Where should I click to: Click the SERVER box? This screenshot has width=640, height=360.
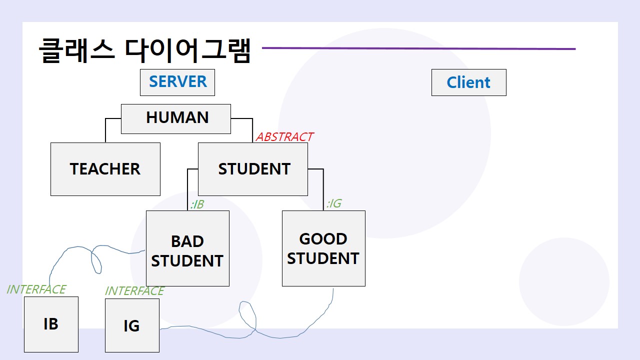coord(177,82)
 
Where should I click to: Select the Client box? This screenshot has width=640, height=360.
coord(468,82)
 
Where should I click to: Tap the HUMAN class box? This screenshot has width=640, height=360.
coord(176,118)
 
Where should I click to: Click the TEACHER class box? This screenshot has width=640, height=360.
coord(105,169)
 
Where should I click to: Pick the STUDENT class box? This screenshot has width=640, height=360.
coord(253,169)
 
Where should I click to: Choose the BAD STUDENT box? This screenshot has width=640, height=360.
coord(187,248)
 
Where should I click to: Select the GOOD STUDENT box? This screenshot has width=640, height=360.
coord(323,248)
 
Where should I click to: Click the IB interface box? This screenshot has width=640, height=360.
coord(51,324)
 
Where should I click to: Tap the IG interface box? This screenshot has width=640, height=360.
coord(132,325)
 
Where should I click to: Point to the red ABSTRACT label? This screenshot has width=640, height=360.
coord(284,137)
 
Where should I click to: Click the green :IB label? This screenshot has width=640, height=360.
coord(197,204)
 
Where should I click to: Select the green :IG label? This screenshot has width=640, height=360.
coord(333,203)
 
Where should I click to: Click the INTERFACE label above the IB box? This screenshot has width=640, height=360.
coord(36,289)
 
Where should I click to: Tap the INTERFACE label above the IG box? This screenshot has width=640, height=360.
coord(134,291)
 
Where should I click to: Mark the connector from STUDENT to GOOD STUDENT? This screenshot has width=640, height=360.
coord(323,187)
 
